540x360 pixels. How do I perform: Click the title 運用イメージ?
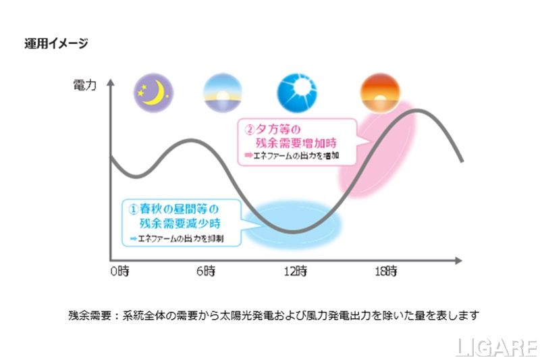(57, 44)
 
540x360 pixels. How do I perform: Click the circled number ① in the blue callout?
(133, 209)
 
